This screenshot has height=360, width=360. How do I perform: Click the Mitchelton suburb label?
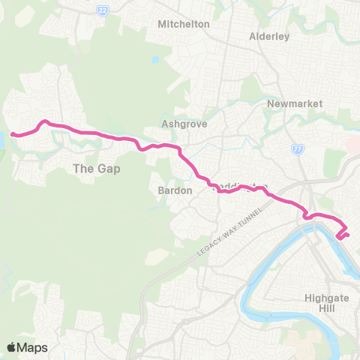tap(184, 24)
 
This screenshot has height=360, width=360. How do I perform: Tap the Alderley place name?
tap(269, 36)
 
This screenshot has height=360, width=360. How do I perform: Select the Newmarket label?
tap(294, 103)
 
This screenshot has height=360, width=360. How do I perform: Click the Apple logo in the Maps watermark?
tap(12, 347)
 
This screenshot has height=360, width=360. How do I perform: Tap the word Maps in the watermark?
tap(33, 347)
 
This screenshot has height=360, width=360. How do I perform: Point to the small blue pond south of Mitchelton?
tap(155, 59)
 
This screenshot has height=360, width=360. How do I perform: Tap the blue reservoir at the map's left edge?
tap(3, 139)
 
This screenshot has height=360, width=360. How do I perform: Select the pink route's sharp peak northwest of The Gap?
tap(45, 121)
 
